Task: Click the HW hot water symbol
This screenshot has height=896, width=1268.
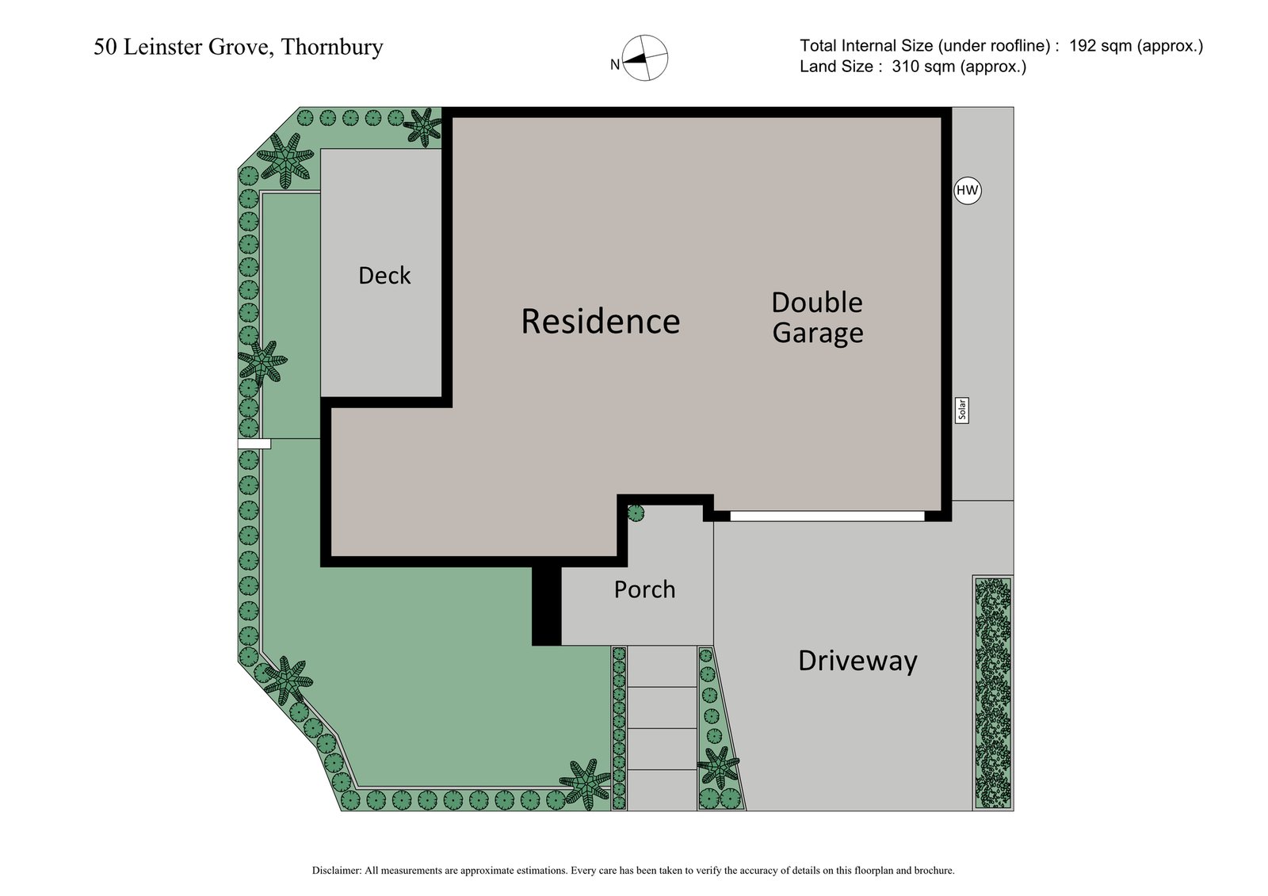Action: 967,191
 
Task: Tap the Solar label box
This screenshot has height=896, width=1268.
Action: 962,410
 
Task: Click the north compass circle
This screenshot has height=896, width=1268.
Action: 645,58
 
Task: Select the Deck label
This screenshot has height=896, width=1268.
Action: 384,276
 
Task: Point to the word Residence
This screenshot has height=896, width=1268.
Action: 600,322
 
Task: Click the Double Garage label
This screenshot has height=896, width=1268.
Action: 817,317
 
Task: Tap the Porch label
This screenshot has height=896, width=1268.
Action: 644,589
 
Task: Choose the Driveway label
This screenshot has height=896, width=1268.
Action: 857,661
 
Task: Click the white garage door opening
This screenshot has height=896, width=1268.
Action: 827,516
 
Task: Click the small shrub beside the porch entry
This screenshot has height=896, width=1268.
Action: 636,513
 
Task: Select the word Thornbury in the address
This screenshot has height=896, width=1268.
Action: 332,48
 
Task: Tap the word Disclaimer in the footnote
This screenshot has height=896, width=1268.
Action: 337,871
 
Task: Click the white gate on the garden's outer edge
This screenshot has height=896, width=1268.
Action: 254,444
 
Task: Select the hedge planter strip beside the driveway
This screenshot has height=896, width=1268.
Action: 993,692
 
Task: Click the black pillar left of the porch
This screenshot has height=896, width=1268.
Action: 546,605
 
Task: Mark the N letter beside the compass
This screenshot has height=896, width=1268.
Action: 614,66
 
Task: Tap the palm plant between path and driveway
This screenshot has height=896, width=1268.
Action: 718,766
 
